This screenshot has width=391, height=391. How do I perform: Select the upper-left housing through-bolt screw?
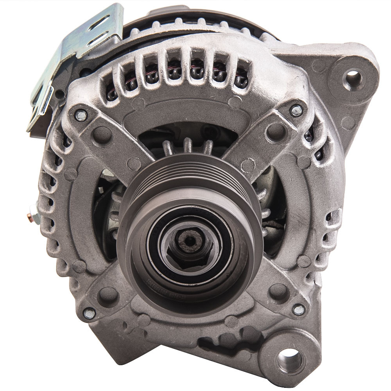[x=81, y=115]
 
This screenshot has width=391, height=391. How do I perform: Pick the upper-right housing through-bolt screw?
[x=296, y=110]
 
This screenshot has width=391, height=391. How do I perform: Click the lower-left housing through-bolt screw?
[x=89, y=313]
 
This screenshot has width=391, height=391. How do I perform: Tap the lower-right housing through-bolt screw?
[x=299, y=310]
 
